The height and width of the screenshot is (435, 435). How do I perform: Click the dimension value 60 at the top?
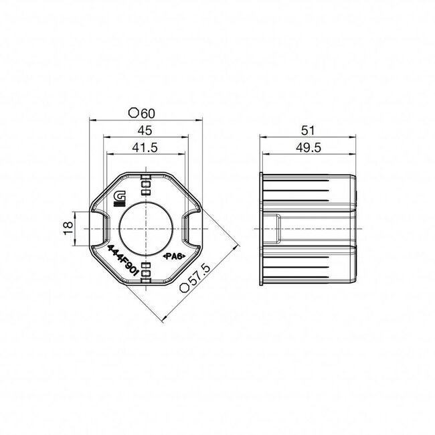click(151, 112)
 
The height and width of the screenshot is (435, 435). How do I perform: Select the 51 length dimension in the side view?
click(308, 129)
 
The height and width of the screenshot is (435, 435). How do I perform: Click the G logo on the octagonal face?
click(121, 197)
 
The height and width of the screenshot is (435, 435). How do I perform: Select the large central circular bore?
click(146, 227)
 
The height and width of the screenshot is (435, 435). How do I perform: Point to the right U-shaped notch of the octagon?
click(191, 227)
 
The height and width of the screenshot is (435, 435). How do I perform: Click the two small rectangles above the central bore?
click(146, 188)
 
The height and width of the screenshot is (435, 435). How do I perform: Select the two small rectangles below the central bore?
click(146, 270)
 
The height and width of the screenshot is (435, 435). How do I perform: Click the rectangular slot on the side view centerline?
click(274, 227)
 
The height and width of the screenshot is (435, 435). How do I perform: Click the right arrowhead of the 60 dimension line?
click(199, 121)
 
